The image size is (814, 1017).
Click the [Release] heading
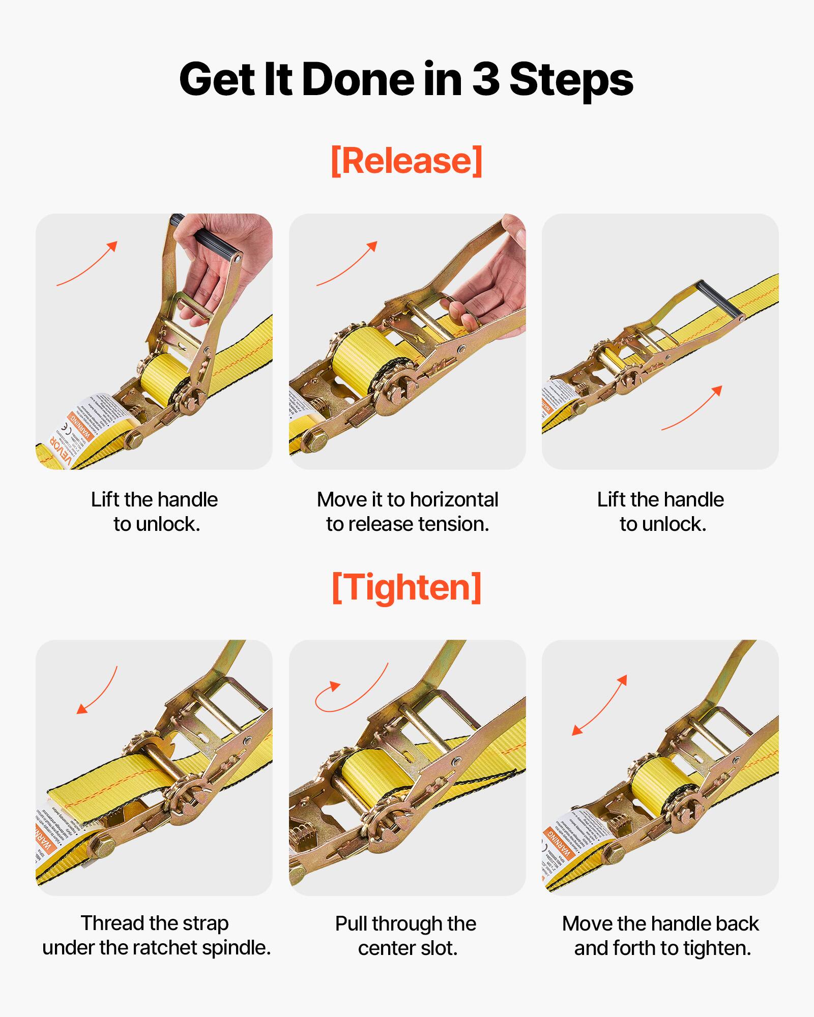click(x=406, y=161)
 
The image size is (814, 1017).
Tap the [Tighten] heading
click(x=406, y=587)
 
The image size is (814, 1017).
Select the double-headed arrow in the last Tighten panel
click(x=600, y=705)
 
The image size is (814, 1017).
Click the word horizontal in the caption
click(x=454, y=500)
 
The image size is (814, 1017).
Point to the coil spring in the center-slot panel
click(x=305, y=834)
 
